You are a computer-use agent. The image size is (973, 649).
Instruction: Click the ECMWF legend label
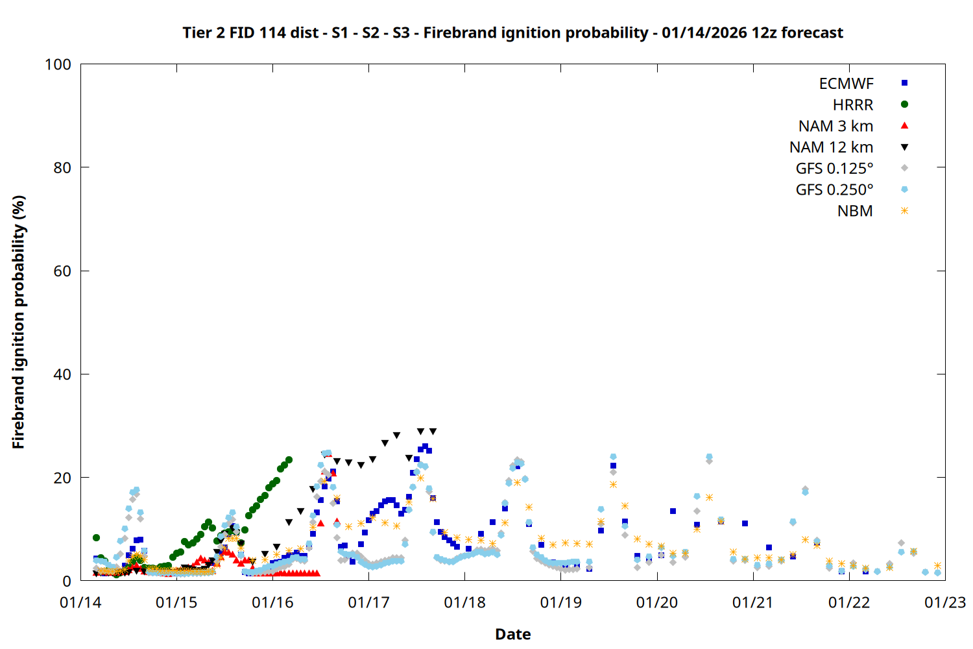pyautogui.click(x=846, y=84)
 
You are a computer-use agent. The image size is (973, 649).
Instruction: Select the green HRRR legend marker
pyautogui.click(x=904, y=104)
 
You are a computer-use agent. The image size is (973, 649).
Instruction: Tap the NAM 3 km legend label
pyautogui.click(x=835, y=126)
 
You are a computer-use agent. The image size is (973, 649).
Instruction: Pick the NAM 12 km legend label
pyautogui.click(x=831, y=147)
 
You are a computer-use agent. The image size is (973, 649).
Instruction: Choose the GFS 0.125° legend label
pyautogui.click(x=834, y=169)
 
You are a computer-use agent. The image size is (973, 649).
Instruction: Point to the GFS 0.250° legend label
pyautogui.click(x=834, y=190)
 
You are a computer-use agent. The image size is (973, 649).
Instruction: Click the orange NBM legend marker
pyautogui.click(x=904, y=211)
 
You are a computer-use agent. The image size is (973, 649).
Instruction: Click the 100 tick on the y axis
pyautogui.click(x=58, y=64)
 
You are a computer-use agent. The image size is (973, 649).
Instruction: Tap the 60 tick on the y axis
pyautogui.click(x=62, y=271)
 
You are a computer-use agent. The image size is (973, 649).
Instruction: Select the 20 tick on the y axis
pyautogui.click(x=62, y=478)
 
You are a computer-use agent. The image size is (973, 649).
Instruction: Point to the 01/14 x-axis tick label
pyautogui.click(x=80, y=603)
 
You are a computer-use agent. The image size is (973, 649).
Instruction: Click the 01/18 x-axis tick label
pyautogui.click(x=464, y=603)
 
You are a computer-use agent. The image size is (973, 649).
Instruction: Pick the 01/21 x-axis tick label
pyautogui.click(x=752, y=603)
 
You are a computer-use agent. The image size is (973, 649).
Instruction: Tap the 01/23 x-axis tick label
pyautogui.click(x=944, y=603)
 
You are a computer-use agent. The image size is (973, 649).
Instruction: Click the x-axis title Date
pyautogui.click(x=512, y=634)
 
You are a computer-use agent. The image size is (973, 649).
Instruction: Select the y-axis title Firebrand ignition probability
pyautogui.click(x=18, y=322)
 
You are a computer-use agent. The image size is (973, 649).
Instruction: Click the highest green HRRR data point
pyautogui.click(x=289, y=459)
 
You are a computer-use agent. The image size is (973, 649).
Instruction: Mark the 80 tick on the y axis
pyautogui.click(x=62, y=167)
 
